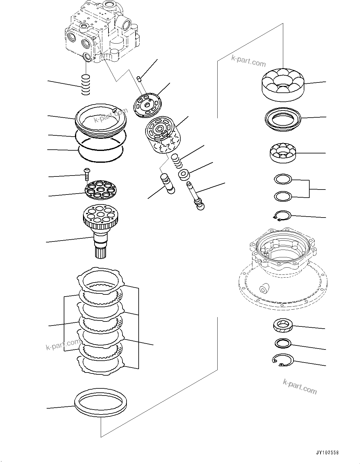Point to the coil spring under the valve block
[x=85, y=85]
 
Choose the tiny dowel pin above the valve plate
[x=140, y=78]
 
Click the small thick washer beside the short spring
[x=184, y=175]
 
